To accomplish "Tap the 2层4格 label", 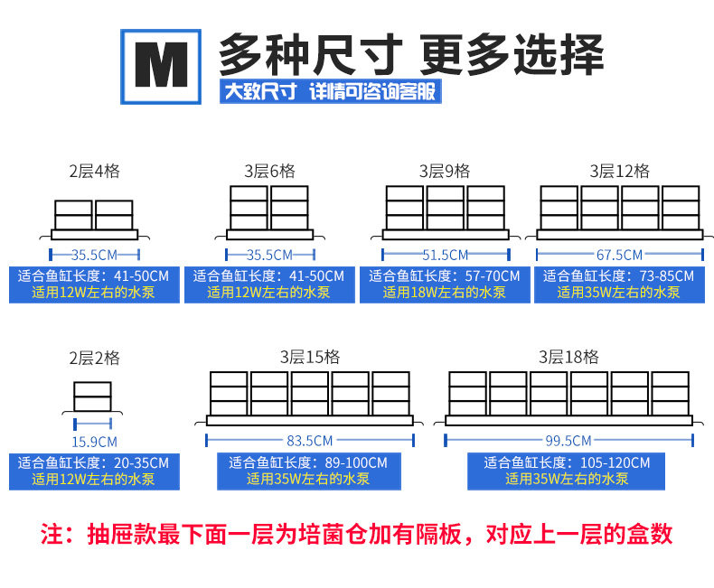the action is pos(94,171).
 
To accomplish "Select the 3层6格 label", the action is pos(269,171).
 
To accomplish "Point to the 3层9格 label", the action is pos(445,171).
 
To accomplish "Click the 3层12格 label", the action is pos(620,171).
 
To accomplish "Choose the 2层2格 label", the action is pos(94,358).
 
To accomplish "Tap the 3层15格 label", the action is pos(309,358).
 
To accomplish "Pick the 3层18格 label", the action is pos(569,358).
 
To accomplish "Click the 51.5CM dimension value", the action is pos(445,255).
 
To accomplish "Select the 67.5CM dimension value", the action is pos(620,255).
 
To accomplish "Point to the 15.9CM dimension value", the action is pos(94,442).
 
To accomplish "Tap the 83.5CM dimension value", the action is pos(309,442).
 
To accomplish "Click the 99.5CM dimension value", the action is pos(568,442).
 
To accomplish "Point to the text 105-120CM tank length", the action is pos(615,462).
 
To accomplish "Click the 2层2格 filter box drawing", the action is pos(93,398).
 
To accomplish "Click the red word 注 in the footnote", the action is pos(52,534).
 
